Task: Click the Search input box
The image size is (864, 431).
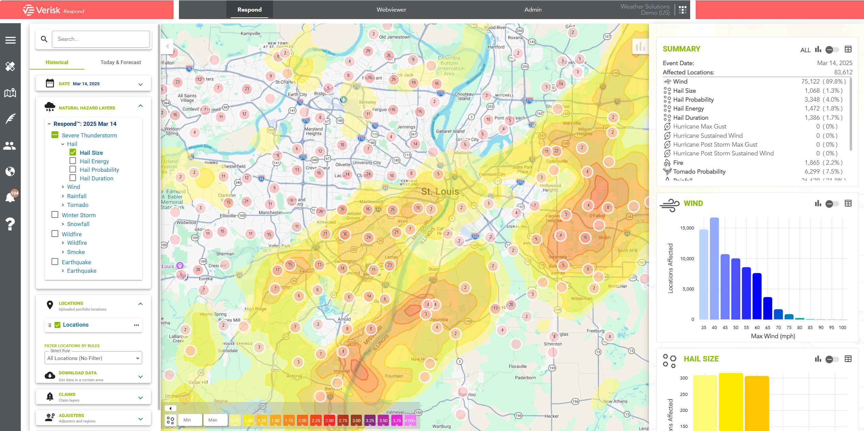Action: point(101,39)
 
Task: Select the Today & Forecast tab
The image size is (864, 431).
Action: point(121,62)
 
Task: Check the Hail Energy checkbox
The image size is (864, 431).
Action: point(73,161)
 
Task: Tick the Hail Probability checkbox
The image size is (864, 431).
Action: point(73,169)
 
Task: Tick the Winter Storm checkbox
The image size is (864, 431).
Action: point(55,214)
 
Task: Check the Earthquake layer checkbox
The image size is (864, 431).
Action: point(55,262)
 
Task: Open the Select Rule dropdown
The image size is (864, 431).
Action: point(93,358)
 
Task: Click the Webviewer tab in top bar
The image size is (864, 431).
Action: point(391,10)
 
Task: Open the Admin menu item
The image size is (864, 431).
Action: point(533,10)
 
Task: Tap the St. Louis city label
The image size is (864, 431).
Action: point(440,191)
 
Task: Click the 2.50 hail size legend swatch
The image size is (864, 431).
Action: point(329,420)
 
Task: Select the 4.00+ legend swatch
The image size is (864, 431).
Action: point(410,420)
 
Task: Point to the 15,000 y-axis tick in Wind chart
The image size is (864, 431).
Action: point(687,228)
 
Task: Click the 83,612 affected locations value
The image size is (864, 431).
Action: point(843,72)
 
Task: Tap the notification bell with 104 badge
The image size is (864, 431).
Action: point(10,197)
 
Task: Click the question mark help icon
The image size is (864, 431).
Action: point(10,224)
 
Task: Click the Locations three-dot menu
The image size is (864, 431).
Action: point(136,325)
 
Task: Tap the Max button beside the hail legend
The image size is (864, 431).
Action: point(213,420)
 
